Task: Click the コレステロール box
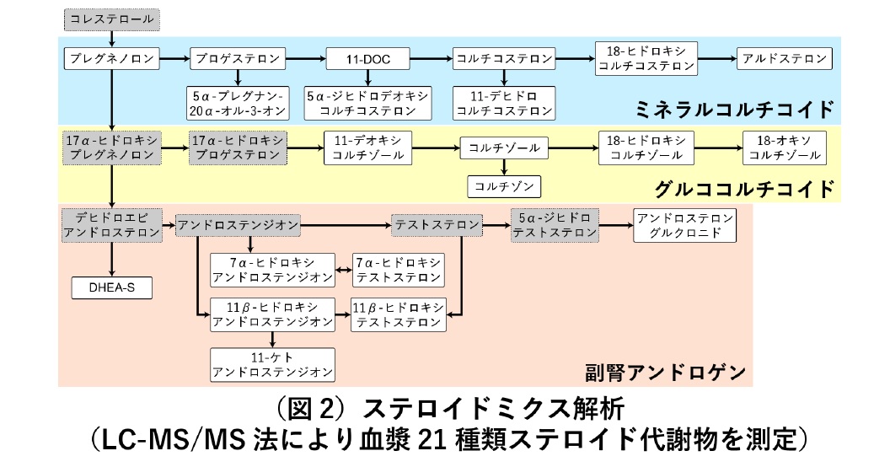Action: point(111,17)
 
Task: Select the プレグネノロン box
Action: point(112,59)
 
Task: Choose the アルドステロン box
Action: point(785,59)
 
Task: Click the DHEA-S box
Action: point(112,288)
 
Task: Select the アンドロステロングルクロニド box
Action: point(684,225)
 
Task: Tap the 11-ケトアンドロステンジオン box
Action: point(271,364)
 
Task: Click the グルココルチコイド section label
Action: point(745,187)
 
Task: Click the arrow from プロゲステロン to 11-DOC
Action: point(304,59)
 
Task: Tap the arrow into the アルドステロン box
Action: point(718,59)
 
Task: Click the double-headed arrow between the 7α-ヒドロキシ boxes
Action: point(343,270)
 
